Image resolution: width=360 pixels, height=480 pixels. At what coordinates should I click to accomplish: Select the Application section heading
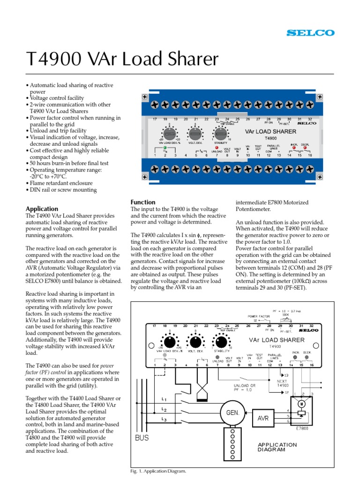pyautogui.click(x=42, y=209)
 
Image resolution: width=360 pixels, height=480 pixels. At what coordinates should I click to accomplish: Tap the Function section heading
pyautogui.click(x=143, y=202)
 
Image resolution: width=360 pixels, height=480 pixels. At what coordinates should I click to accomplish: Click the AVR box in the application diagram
pyautogui.click(x=263, y=418)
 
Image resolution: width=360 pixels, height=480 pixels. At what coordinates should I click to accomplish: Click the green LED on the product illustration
pyautogui.click(x=165, y=148)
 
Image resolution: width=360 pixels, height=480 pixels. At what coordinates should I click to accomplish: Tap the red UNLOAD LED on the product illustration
pyautogui.click(x=217, y=147)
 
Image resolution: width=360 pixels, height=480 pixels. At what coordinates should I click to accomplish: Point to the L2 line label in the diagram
pyautogui.click(x=164, y=409)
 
